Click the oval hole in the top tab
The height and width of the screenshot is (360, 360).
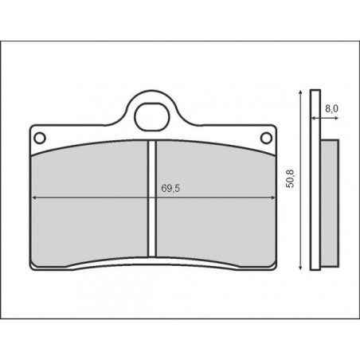click(151, 115)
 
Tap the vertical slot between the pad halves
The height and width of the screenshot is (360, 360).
click(151, 199)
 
